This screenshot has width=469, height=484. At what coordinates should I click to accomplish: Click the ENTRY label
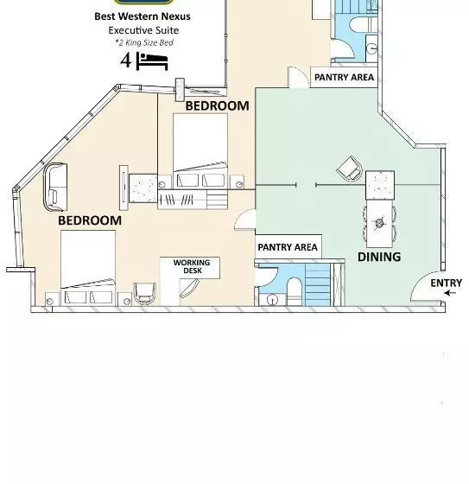click(x=446, y=283)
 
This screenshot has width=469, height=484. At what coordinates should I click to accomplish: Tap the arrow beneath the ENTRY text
click(x=450, y=293)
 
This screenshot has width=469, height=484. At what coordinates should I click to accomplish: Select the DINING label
click(x=379, y=257)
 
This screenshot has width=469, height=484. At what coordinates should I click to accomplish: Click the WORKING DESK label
click(x=192, y=266)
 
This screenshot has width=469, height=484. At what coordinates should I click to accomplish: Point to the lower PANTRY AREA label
click(x=288, y=247)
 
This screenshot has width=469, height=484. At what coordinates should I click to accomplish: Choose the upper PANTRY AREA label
click(x=344, y=77)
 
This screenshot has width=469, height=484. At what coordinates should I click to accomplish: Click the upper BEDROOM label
click(x=217, y=105)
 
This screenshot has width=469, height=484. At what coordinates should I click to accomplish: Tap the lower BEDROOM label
click(x=90, y=220)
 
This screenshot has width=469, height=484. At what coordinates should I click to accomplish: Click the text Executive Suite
click(x=143, y=30)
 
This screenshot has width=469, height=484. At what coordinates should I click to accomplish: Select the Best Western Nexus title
click(x=143, y=16)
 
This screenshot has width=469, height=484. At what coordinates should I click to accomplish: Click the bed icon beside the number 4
click(x=152, y=61)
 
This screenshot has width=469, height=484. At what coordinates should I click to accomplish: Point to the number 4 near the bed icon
click(x=125, y=60)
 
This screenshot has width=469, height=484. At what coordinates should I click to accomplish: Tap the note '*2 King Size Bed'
click(x=144, y=42)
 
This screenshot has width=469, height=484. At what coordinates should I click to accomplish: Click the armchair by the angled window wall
click(x=55, y=187)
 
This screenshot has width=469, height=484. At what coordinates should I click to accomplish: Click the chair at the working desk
click(x=144, y=293)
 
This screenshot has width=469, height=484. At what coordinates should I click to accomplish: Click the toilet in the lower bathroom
click(x=295, y=291)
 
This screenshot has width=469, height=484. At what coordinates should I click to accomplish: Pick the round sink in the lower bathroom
click(x=272, y=300)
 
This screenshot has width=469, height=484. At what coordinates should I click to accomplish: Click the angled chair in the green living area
click(x=350, y=169)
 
